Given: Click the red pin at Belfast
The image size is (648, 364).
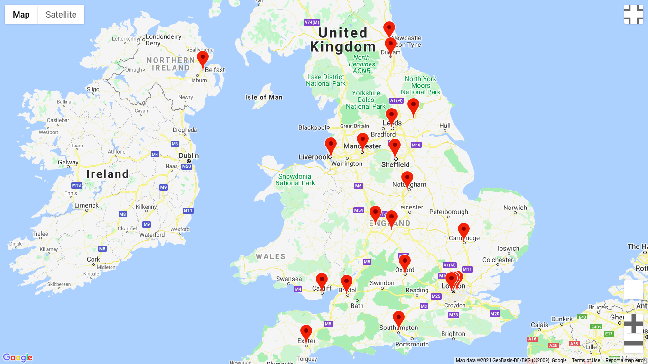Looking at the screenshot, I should point(203,59).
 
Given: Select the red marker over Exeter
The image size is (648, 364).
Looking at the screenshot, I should point(306,333).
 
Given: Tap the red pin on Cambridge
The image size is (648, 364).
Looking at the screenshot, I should point(463,231).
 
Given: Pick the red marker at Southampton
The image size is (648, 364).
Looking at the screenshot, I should point(398,319).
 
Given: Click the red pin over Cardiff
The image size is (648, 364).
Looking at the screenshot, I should point(322,281).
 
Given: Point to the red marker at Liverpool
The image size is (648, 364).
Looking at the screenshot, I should point(331,146).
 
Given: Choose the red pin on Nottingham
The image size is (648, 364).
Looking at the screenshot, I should point(407,179).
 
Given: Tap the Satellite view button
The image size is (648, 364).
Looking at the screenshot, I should point(61,14).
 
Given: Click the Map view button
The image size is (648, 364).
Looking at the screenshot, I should point(21,14).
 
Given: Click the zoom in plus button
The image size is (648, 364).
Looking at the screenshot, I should point(633,324).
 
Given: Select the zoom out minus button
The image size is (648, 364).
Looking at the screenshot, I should point(633,343).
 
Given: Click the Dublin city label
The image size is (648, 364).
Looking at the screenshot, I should point(189,156).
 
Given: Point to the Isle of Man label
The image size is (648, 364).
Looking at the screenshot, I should point(264,97).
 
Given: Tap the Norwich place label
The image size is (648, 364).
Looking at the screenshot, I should point(515,208).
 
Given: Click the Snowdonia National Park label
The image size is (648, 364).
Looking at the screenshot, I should point(295,180).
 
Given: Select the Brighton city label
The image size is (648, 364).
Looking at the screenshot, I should point(453,334).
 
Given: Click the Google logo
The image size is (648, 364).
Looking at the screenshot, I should point(18,358).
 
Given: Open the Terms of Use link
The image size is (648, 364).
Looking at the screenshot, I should point(586,361).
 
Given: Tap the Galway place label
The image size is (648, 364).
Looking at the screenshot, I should point(68,163).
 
